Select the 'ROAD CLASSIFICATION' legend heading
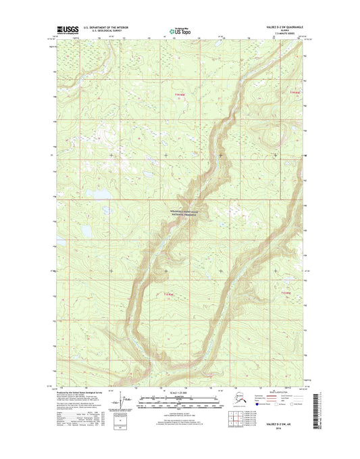tap(280, 393)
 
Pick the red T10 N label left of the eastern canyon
tap(171, 293)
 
